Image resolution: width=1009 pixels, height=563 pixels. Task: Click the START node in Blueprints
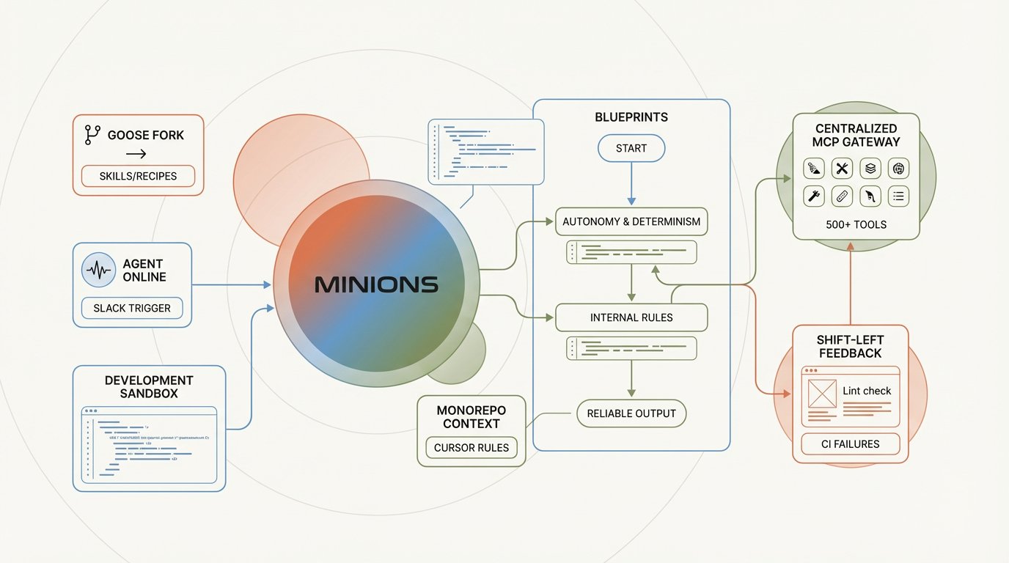[631, 148]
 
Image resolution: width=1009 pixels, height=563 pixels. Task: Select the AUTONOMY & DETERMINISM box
[631, 221]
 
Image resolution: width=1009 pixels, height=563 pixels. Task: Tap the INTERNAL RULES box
[631, 317]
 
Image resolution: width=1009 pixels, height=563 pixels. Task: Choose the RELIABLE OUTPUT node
[631, 413]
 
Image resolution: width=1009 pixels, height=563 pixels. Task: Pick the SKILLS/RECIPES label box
[138, 176]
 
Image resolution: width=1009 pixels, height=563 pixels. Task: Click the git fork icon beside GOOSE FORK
[92, 134]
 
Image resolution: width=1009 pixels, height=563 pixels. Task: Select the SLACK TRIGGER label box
[132, 309]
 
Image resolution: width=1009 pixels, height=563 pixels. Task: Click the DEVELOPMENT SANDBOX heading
[149, 386]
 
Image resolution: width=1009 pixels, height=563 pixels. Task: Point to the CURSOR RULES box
[472, 447]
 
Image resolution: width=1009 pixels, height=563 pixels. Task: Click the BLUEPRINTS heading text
[631, 117]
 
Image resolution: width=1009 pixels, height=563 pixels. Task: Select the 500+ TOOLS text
[856, 224]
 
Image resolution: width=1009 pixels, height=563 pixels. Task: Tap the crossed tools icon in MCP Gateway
[842, 169]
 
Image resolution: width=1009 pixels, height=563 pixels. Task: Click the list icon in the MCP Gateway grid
[898, 196]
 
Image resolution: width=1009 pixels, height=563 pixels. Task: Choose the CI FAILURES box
[851, 444]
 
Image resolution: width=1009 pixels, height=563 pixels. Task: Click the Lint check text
[867, 391]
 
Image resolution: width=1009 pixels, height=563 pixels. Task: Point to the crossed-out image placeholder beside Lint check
[822, 394]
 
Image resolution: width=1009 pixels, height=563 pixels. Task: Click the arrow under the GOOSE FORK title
[136, 154]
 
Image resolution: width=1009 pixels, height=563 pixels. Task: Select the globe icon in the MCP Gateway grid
[898, 169]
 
